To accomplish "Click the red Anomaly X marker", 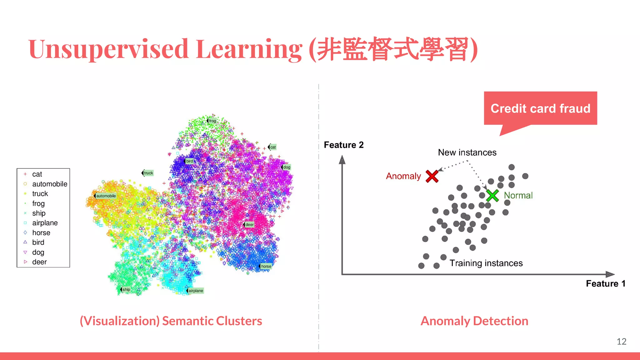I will (x=432, y=176).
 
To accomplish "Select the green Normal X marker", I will (x=492, y=196).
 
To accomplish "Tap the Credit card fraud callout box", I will (x=540, y=108).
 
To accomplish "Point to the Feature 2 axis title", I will (x=344, y=145).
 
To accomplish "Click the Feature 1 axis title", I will (x=605, y=283).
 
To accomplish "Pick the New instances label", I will (x=467, y=152).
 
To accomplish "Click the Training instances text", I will (x=486, y=263).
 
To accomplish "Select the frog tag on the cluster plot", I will (x=212, y=121).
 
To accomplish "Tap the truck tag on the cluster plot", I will (x=148, y=173).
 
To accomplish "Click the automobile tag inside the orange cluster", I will (x=106, y=196).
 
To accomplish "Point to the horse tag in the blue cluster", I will (x=266, y=266).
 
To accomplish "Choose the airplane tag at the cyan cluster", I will (x=196, y=291).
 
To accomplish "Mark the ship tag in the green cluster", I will (x=126, y=289).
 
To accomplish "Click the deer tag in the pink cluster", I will (x=249, y=224).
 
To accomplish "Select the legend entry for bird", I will (x=38, y=242).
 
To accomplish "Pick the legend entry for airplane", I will (x=45, y=223).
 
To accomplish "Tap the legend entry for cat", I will (x=37, y=174).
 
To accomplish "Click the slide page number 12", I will (x=621, y=341).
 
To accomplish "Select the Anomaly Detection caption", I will (x=474, y=321).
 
